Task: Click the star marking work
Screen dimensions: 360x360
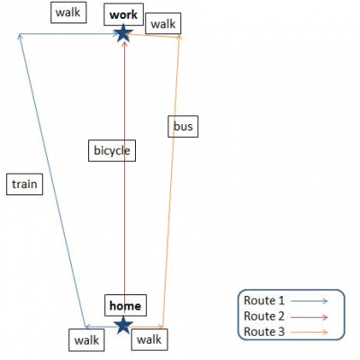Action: [122, 33]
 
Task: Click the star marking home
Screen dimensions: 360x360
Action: [123, 325]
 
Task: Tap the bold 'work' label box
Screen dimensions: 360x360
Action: [123, 14]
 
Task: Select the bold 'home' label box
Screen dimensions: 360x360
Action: [125, 305]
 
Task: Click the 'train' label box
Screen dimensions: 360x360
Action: [24, 184]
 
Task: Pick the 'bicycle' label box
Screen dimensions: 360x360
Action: [112, 150]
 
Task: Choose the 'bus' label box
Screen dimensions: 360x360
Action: [183, 126]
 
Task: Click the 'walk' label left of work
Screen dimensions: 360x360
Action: [68, 13]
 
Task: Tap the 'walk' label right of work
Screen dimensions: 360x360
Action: [163, 23]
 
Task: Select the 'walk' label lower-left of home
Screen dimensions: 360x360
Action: [86, 340]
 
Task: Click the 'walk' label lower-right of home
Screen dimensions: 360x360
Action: [149, 339]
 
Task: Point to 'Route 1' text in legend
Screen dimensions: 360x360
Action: [264, 301]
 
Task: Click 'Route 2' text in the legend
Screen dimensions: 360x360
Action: [264, 316]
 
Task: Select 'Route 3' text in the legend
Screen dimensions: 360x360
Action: [264, 332]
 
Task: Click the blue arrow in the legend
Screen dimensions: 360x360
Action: [310, 301]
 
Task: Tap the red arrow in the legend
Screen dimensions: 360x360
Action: [310, 317]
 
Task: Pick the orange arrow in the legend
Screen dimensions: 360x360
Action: [310, 332]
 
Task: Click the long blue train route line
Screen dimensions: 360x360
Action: [52, 180]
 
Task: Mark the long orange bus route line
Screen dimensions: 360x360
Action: [171, 181]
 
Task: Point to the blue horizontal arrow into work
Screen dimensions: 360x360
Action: [69, 34]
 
